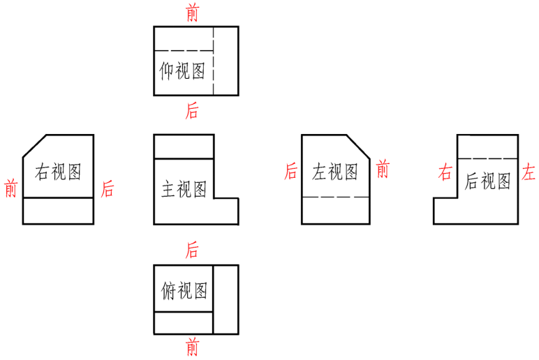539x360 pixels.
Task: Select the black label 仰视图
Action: click(183, 70)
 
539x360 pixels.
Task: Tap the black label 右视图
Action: click(58, 172)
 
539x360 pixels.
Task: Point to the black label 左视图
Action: click(335, 172)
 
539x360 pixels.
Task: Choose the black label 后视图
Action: click(487, 181)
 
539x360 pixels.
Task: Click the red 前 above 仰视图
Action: click(192, 13)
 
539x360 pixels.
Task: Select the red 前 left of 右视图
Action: click(10, 188)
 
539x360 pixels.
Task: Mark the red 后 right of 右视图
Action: click(108, 188)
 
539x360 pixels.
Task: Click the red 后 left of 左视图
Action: click(290, 172)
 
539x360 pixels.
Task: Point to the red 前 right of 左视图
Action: click(383, 169)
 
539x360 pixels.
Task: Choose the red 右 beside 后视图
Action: click(445, 172)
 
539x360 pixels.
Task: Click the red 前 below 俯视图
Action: click(192, 347)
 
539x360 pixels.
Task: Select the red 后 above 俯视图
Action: click(192, 250)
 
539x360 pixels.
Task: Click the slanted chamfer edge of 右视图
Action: click(34, 147)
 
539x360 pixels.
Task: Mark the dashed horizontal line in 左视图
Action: click(335, 197)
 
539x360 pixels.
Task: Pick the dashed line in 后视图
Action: click(487, 159)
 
